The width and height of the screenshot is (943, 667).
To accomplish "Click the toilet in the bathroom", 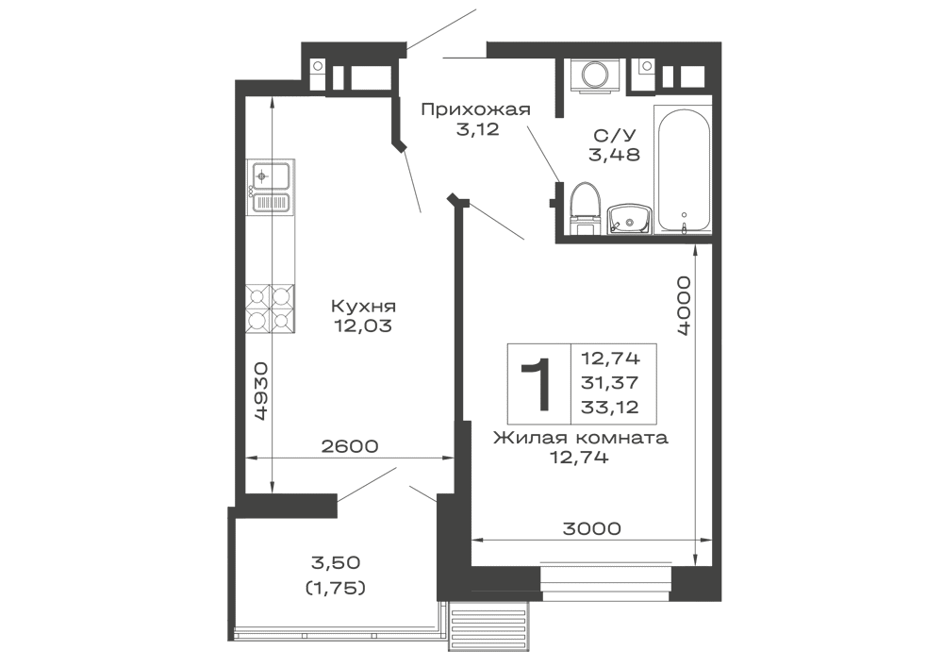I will tap(584, 205).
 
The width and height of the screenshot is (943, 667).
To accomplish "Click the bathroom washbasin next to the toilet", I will tap(625, 217).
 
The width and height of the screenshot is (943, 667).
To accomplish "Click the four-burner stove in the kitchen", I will tap(271, 308).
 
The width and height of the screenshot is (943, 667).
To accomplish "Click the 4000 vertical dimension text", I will tap(685, 306).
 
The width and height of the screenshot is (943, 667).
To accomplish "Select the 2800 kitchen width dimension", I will tap(350, 446).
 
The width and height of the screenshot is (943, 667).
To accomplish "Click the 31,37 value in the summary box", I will tap(612, 382).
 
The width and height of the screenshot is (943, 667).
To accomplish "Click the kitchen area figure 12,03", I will tap(362, 325).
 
